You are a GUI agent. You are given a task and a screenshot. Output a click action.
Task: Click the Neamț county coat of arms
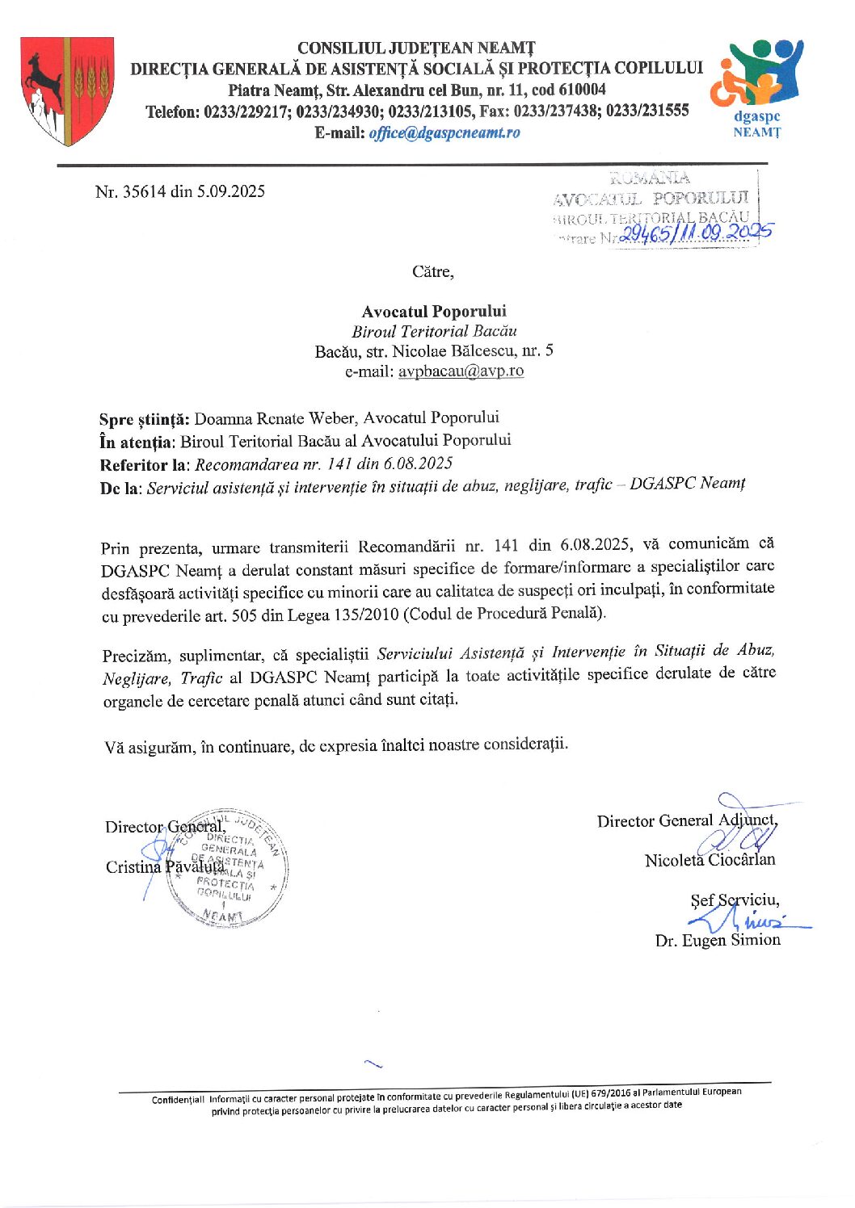point(67,90)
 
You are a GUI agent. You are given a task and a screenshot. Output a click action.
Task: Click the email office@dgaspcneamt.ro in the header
point(444,132)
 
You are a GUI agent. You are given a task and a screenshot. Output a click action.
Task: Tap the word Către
point(432,271)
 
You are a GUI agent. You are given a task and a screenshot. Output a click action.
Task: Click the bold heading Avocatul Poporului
point(434,311)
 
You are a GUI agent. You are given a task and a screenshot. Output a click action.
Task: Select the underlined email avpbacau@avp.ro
point(461,371)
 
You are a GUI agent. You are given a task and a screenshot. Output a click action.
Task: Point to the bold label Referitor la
point(143,464)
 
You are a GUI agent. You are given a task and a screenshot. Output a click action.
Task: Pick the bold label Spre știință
point(145,418)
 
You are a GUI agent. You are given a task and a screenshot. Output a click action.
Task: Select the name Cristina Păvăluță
point(165,866)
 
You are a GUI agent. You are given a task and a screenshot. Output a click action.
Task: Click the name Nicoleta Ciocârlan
point(710,860)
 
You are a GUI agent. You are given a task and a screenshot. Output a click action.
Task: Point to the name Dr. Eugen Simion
point(718,940)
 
